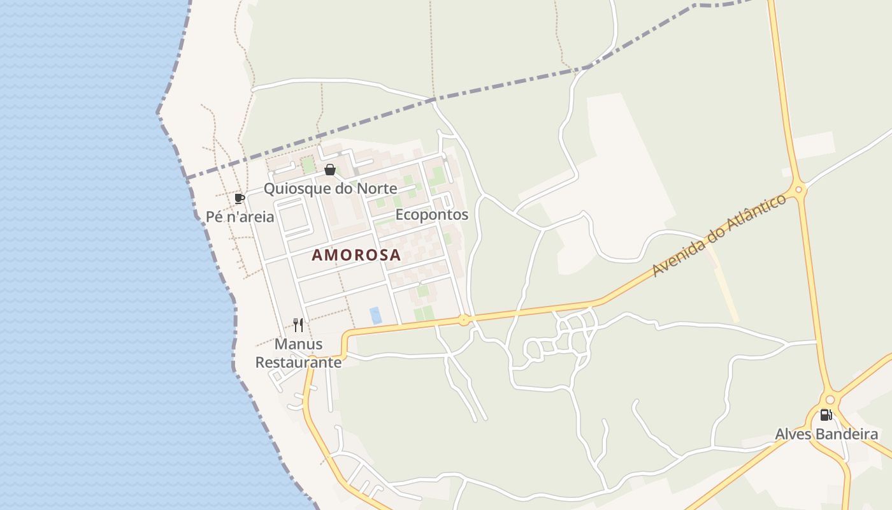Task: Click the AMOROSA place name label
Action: (356, 255)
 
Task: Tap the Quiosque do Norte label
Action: (330, 189)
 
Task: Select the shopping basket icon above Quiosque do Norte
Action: (330, 170)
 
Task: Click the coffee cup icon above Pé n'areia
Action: (240, 198)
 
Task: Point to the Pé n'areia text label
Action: (240, 217)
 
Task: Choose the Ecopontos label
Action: (432, 215)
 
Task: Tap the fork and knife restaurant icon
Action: (298, 325)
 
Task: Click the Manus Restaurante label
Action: (298, 353)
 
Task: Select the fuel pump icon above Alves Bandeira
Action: (826, 415)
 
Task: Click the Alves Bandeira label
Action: (826, 434)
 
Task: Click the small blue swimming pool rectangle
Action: (376, 315)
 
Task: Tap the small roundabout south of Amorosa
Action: (464, 319)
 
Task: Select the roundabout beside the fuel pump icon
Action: (830, 400)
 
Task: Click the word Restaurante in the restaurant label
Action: (298, 362)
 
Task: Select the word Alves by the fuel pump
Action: (791, 434)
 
